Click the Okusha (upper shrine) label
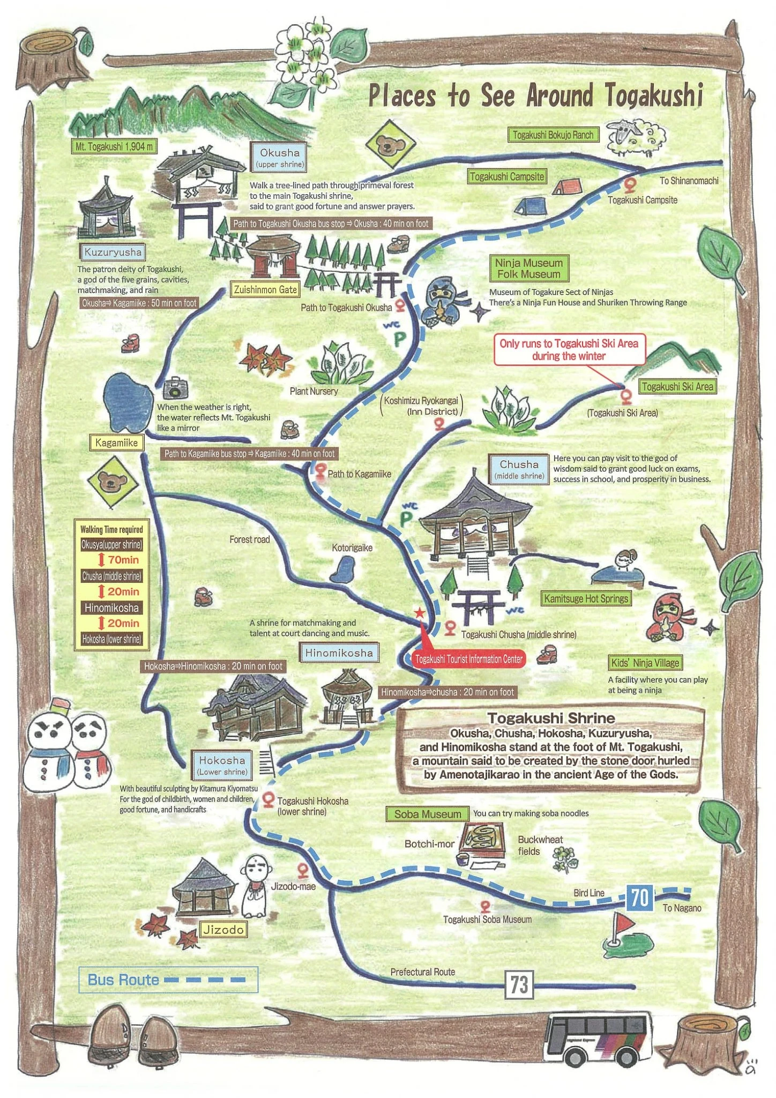tap(280, 158)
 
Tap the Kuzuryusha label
tap(113, 252)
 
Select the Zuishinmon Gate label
tap(265, 290)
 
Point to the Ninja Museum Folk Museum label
tap(528, 269)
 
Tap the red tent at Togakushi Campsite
tap(567, 187)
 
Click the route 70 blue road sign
tap(639, 896)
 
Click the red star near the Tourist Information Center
tap(419, 613)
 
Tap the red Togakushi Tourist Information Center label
tap(469, 659)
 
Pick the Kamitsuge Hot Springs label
tap(586, 598)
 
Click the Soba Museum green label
tap(427, 814)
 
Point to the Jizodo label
tap(223, 929)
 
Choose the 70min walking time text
tap(123, 560)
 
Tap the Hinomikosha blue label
tap(339, 653)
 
